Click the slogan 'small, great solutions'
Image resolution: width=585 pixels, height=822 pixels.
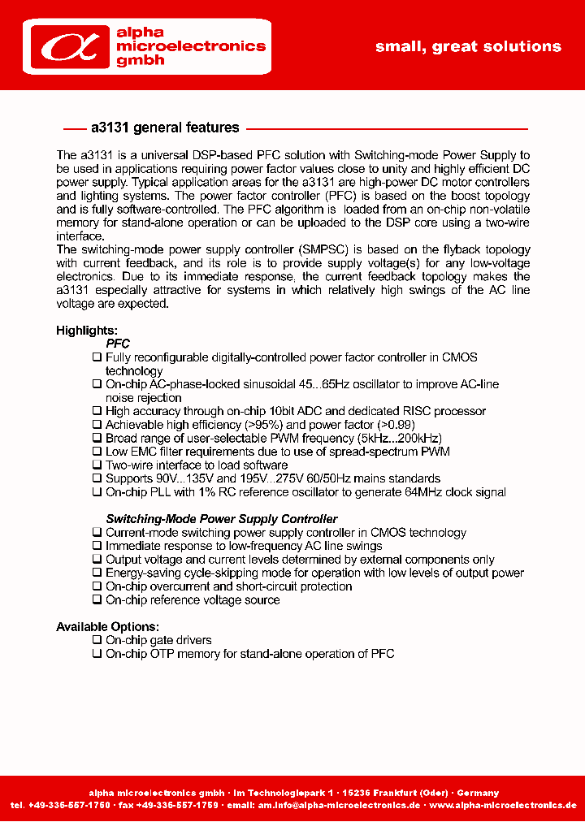pyautogui.click(x=468, y=46)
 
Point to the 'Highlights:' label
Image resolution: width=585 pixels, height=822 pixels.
pyautogui.click(x=87, y=331)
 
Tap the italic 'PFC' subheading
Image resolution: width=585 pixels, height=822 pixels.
pyautogui.click(x=118, y=344)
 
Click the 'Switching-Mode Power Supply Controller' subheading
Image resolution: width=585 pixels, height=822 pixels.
pyautogui.click(x=222, y=519)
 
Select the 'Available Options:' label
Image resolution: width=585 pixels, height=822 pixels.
pyautogui.click(x=107, y=627)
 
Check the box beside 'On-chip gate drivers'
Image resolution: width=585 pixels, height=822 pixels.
pyautogui.click(x=97, y=640)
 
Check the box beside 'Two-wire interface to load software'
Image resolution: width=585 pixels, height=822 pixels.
pyautogui.click(x=97, y=465)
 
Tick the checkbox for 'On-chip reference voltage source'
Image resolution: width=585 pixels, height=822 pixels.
pyautogui.click(x=97, y=600)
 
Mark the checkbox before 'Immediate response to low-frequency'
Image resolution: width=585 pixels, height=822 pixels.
pyautogui.click(x=97, y=546)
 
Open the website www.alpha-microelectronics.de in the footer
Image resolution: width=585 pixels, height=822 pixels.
pyautogui.click(x=502, y=805)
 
